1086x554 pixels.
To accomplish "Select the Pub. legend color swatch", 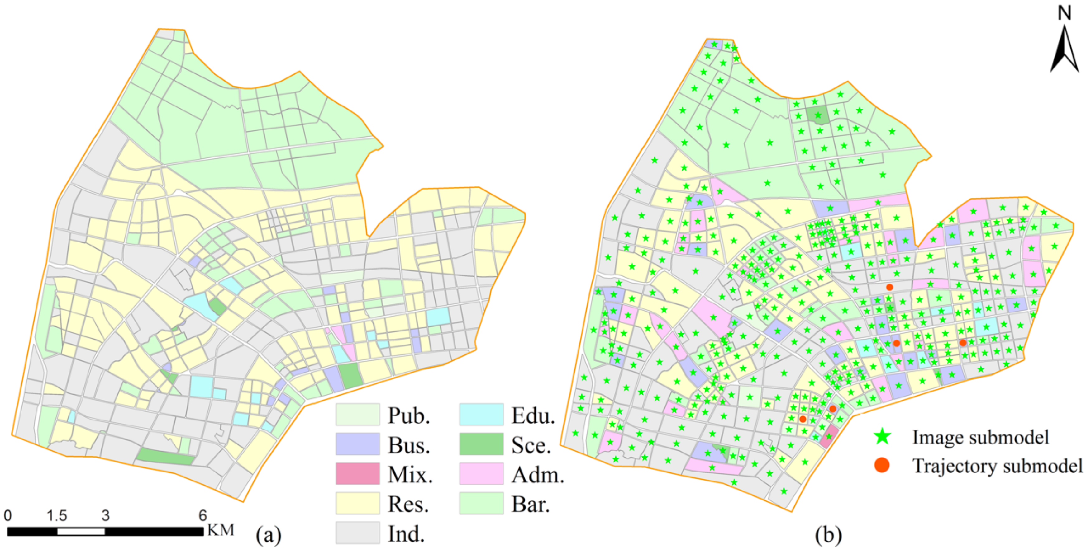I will coord(357,415).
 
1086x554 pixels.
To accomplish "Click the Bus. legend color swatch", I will coord(357,444).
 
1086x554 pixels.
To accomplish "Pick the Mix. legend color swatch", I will coord(357,473).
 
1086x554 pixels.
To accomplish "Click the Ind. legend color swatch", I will coord(357,533).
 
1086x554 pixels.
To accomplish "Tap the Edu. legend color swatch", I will coord(481,415).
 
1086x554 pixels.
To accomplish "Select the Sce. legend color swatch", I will coord(481,444).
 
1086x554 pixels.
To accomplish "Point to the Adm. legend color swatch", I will coord(481,473).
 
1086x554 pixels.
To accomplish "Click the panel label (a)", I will coord(269,535).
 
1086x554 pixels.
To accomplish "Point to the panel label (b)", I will coord(828,535).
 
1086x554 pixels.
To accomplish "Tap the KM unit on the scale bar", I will coord(221,530).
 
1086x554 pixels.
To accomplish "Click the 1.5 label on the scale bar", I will coord(57,515).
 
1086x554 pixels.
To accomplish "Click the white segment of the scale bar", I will coord(81,532).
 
